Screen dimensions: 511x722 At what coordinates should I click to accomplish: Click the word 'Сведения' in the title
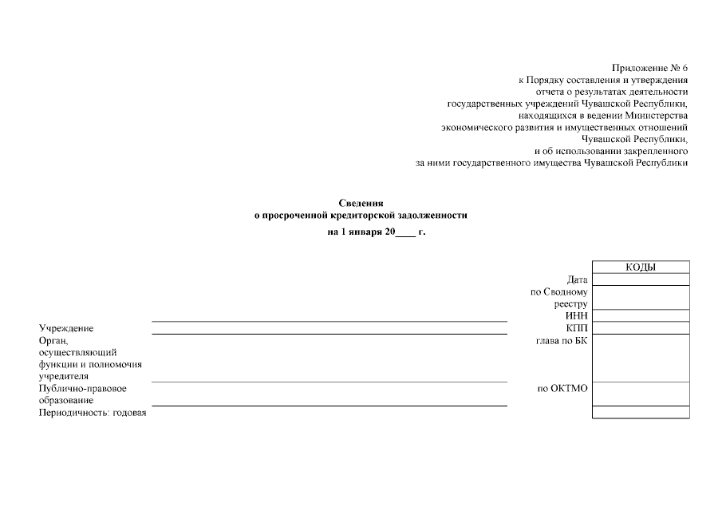361,204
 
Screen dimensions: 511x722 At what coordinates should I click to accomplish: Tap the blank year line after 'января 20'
405,233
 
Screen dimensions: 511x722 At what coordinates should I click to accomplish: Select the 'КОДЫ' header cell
641,267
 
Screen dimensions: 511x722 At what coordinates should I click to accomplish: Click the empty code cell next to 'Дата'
641,279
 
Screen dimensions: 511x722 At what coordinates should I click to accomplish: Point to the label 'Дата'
577,279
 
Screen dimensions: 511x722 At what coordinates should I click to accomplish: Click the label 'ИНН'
576,316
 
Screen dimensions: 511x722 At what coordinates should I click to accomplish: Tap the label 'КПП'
576,328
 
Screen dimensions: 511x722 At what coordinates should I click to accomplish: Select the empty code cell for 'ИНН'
641,315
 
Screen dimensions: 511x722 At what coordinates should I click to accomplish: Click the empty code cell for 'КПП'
641,327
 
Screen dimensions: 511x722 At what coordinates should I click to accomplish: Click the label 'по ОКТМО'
562,389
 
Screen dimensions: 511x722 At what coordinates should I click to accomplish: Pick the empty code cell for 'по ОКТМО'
641,394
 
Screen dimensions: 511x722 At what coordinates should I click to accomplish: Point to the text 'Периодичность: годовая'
93,413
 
